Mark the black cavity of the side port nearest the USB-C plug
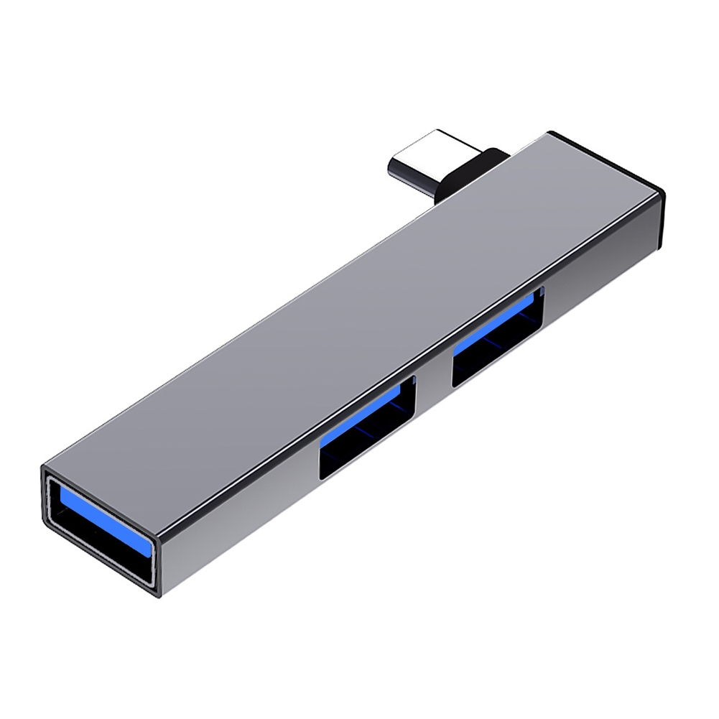click(x=496, y=359)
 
